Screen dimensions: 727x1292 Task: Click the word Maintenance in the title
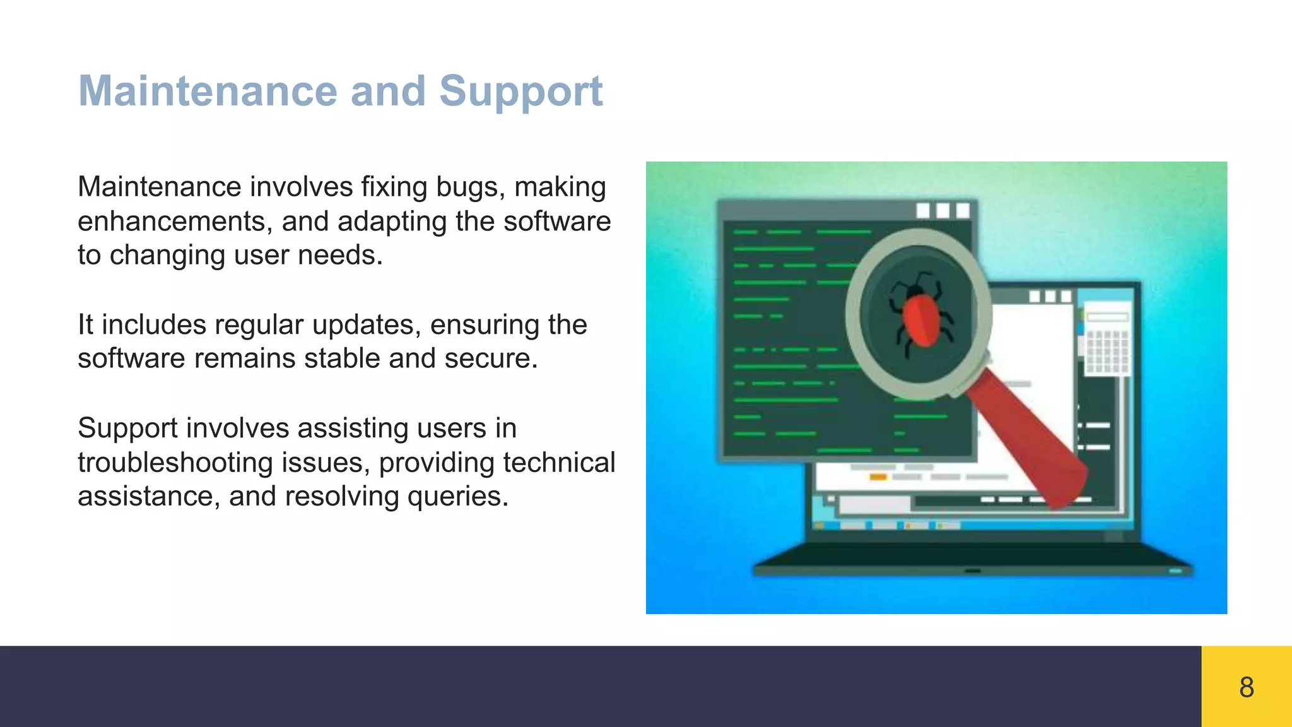[208, 91]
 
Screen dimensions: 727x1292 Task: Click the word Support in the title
[520, 92]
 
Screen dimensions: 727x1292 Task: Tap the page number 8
[1246, 687]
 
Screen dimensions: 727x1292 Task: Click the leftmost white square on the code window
[923, 210]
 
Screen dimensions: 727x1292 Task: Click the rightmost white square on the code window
[963, 210]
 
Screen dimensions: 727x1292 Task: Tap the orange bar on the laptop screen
[879, 477]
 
